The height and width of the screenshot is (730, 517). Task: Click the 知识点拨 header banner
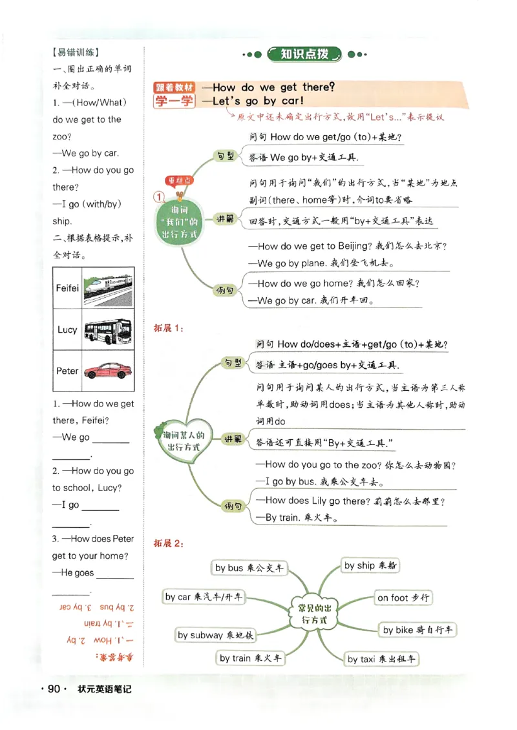point(304,54)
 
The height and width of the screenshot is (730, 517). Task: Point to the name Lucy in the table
point(67,329)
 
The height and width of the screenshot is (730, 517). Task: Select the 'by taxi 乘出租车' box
point(382,659)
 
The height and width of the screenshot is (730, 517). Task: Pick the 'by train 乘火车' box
point(249,658)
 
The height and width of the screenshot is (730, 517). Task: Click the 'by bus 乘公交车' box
point(249,568)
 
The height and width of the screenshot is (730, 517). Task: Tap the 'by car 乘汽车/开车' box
point(204,597)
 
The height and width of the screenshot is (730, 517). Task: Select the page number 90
point(54,690)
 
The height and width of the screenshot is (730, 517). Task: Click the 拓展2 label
point(167,543)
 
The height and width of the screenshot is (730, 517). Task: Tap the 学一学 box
point(173,101)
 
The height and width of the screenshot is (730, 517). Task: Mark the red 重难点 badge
point(179,180)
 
